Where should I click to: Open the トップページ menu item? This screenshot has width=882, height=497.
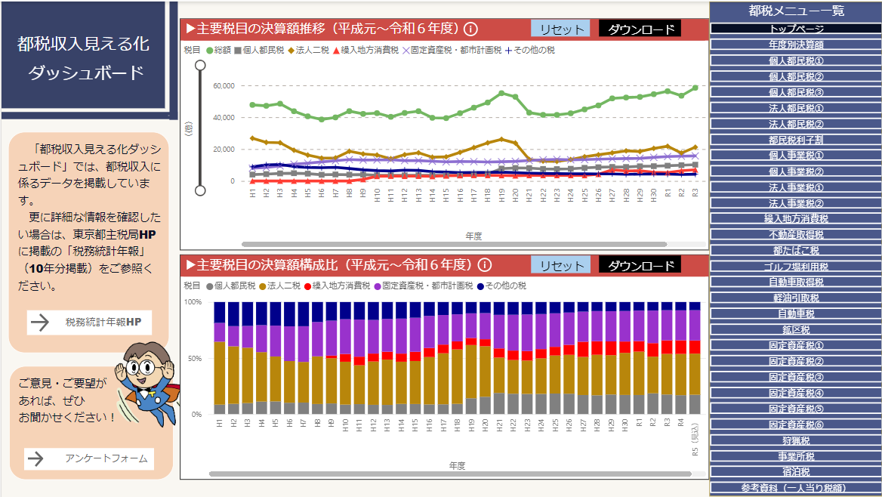click(796, 29)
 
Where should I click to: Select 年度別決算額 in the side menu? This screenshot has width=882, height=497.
click(796, 45)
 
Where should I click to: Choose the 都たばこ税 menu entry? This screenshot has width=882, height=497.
click(796, 250)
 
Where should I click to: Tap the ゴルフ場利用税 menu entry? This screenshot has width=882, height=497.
click(796, 266)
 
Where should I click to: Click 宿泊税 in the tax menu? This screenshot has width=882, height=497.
click(796, 471)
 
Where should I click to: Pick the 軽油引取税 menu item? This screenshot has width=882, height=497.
click(796, 298)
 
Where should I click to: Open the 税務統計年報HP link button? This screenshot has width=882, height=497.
click(90, 323)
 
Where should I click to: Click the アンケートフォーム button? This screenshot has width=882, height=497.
click(90, 458)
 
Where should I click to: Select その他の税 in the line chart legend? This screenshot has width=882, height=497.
click(529, 51)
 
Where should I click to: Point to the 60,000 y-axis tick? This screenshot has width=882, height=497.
click(224, 85)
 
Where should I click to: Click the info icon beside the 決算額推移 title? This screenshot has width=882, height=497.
click(470, 29)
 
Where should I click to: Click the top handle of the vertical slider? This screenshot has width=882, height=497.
click(200, 66)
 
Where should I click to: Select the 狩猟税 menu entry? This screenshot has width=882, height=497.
click(796, 440)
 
